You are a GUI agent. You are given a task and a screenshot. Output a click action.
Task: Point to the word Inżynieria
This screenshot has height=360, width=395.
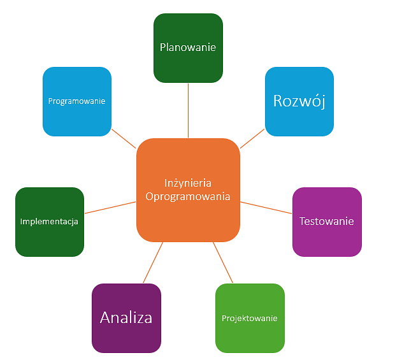188,183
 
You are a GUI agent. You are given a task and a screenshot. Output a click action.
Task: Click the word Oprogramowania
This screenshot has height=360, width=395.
188,197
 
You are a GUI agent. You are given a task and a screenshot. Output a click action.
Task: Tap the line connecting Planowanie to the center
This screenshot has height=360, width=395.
189,110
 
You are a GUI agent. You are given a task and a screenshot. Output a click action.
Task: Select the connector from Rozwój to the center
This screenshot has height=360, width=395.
252,139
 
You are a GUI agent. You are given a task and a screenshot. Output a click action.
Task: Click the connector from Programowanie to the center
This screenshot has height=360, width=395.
124,138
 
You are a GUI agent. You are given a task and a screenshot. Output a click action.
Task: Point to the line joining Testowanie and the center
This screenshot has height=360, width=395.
266,208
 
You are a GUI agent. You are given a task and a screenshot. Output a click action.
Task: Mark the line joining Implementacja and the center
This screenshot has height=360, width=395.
110,207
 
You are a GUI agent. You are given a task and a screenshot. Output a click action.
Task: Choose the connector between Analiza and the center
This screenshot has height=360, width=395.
153,263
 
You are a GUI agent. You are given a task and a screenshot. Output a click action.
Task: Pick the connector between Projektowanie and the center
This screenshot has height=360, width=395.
223,263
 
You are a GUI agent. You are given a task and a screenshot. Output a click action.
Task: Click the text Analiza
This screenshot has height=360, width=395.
126,317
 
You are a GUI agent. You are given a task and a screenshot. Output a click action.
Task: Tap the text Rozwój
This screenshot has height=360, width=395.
299,101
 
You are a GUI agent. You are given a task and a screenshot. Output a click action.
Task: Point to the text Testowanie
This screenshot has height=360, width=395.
326,222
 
